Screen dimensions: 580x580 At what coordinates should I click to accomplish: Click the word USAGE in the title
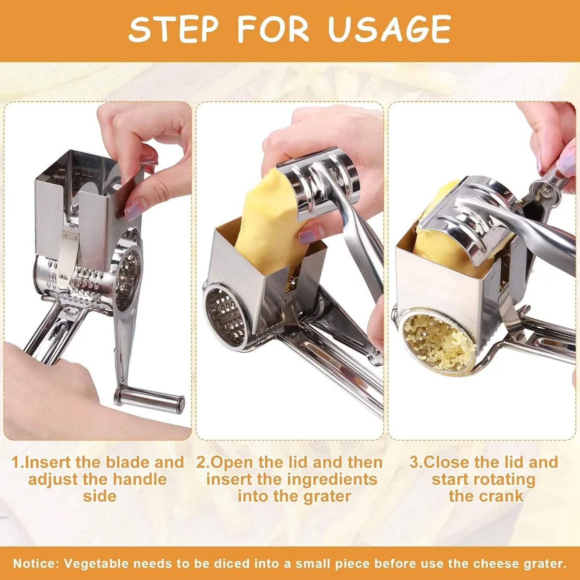click(x=389, y=29)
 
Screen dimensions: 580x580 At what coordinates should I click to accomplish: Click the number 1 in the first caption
click(x=15, y=462)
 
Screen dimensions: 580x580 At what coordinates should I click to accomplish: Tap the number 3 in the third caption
click(x=414, y=462)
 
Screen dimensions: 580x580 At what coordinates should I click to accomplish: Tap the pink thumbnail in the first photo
click(x=132, y=210)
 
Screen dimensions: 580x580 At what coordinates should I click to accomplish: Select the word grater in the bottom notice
click(x=544, y=564)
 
